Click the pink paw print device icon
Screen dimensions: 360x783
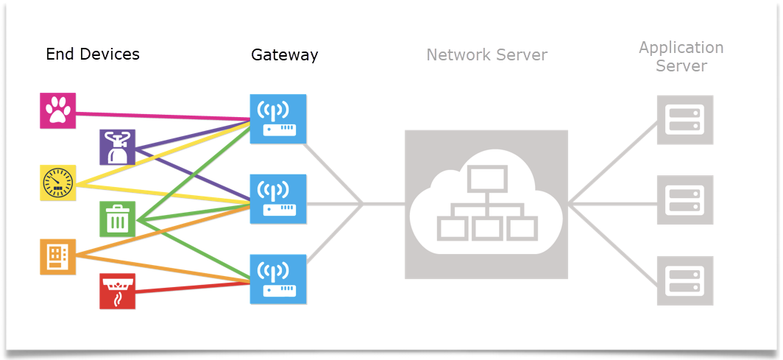pyautogui.click(x=57, y=111)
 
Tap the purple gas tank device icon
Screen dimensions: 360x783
pyautogui.click(x=118, y=147)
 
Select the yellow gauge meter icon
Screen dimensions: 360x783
pyautogui.click(x=57, y=183)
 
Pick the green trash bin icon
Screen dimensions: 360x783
pyautogui.click(x=118, y=219)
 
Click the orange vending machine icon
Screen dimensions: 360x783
pyautogui.click(x=57, y=256)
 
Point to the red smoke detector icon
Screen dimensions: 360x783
pyautogui.click(x=118, y=291)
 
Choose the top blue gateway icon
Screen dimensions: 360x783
pyautogui.click(x=277, y=119)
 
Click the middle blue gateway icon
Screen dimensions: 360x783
pyautogui.click(x=277, y=199)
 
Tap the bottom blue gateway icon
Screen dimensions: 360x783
pyautogui.click(x=277, y=279)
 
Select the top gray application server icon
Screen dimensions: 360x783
pyautogui.click(x=684, y=119)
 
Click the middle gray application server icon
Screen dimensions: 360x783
pyautogui.click(x=684, y=200)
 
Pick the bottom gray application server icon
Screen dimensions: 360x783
pyautogui.click(x=684, y=280)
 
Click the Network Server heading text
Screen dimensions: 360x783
pyautogui.click(x=486, y=55)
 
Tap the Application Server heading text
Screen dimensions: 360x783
pyautogui.click(x=681, y=57)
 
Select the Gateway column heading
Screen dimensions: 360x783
pyautogui.click(x=284, y=55)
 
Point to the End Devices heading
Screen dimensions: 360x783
pyautogui.click(x=93, y=55)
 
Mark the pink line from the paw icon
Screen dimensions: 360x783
pyautogui.click(x=162, y=115)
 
